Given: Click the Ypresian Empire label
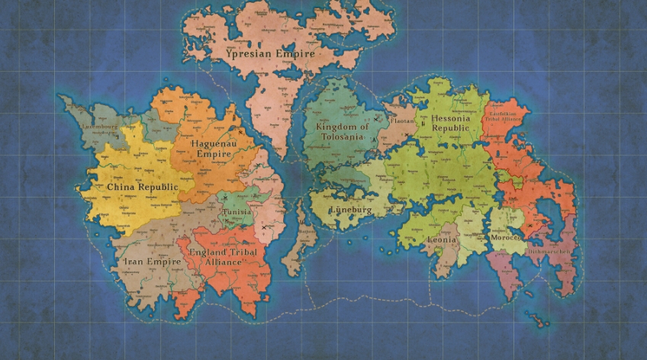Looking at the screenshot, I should coord(248,54).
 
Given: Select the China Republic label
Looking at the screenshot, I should coord(142,187).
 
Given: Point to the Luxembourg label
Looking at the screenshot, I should coord(101,127).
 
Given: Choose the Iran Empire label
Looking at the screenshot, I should coord(153,262).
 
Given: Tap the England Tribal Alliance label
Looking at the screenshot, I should coord(225,257).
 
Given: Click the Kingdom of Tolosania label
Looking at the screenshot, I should coord(342,131).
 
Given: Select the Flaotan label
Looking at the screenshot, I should coord(402,121).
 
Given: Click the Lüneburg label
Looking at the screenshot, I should coord(350,210).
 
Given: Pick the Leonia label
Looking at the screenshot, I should coord(443,239).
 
